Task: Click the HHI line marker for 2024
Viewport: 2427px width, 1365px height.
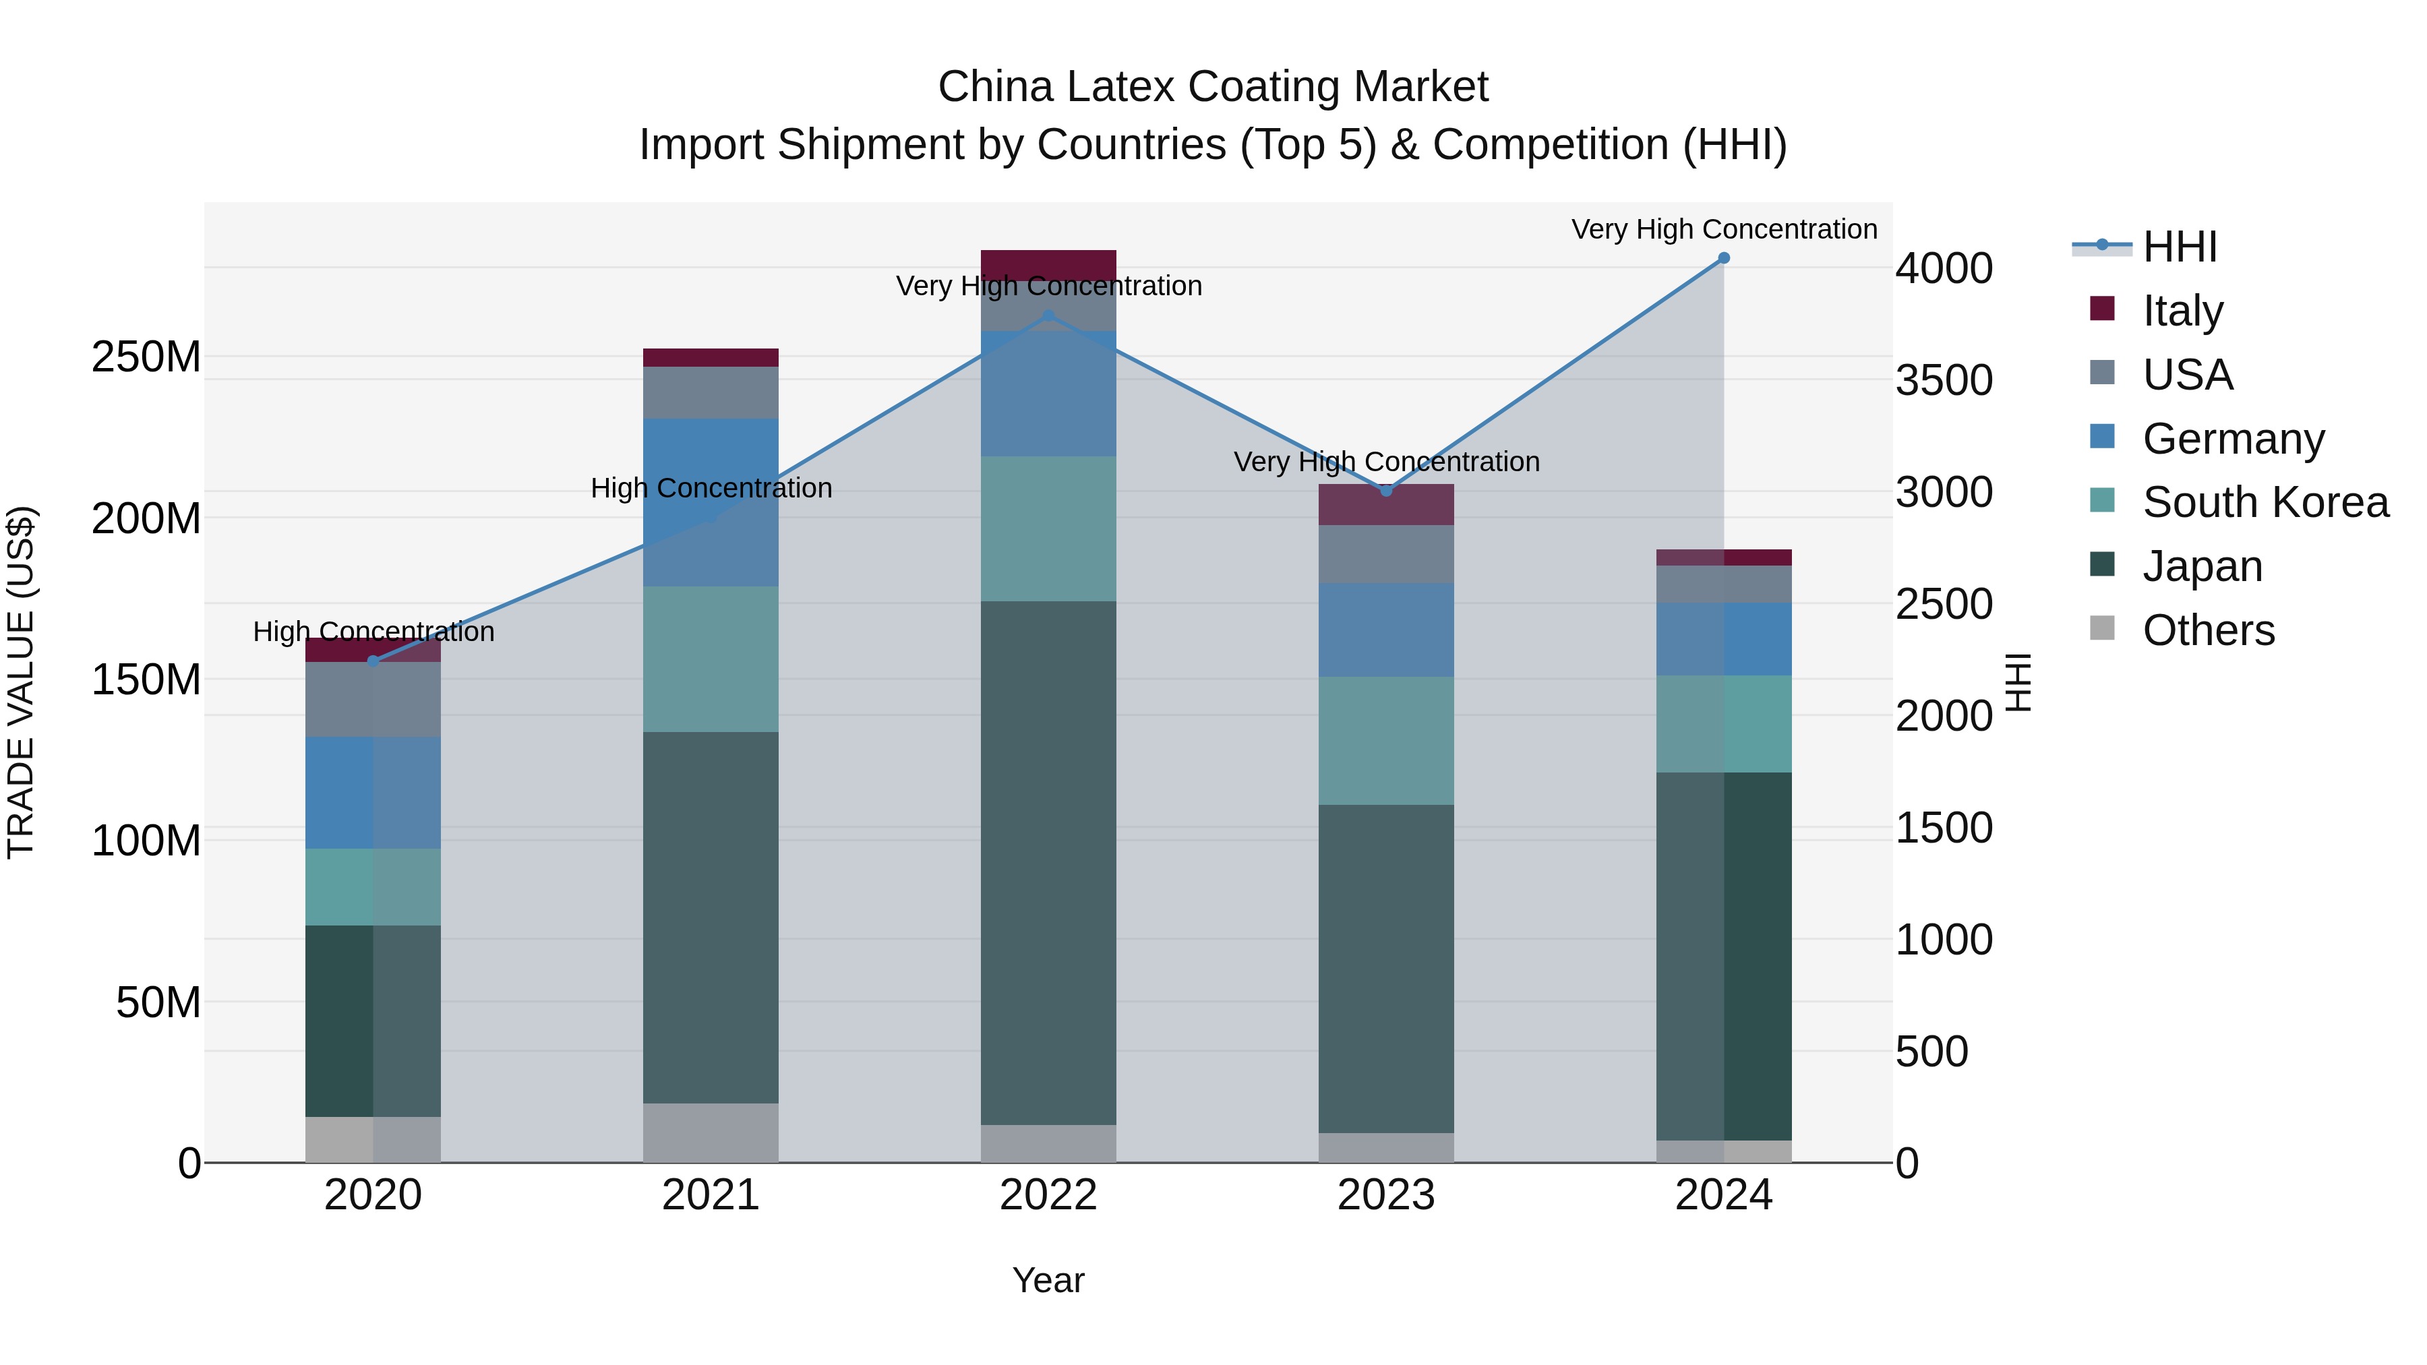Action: tap(1723, 258)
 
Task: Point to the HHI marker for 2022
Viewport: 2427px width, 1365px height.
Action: tap(1048, 315)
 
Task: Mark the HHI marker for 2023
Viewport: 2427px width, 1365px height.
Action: tap(1386, 491)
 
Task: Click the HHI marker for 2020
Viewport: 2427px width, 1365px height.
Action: tap(373, 661)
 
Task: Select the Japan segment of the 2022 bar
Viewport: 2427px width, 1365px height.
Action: tap(1048, 862)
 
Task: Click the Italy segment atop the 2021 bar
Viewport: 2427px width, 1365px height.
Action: tap(711, 358)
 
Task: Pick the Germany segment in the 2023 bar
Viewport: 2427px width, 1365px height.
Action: tap(1386, 630)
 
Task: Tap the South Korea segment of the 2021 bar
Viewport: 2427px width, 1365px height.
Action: tap(711, 659)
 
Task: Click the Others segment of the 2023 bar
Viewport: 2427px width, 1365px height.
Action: tap(1386, 1147)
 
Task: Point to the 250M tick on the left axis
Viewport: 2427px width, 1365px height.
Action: tap(146, 358)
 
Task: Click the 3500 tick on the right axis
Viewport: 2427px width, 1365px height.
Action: tap(1944, 381)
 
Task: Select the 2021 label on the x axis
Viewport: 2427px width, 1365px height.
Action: tap(711, 1195)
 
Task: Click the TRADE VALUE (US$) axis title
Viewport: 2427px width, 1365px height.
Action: tap(21, 682)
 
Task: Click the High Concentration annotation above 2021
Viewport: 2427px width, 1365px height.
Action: tap(711, 488)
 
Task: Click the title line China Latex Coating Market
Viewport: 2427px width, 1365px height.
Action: tap(1213, 87)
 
